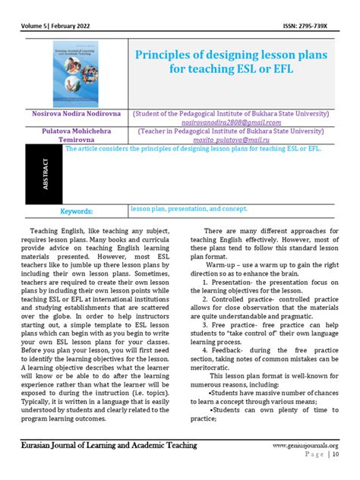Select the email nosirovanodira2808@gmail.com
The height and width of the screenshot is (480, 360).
231,122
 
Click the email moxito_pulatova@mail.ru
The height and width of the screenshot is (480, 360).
231,141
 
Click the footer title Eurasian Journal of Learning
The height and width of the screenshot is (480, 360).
111,445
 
